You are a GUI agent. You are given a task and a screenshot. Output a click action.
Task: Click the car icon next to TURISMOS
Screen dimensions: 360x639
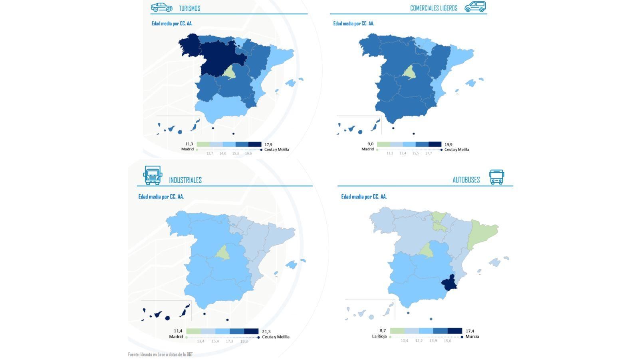click(161, 7)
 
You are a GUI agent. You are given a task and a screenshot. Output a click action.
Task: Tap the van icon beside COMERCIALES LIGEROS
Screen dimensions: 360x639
click(475, 7)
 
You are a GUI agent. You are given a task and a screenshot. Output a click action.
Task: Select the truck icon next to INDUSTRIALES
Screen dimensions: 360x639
click(153, 175)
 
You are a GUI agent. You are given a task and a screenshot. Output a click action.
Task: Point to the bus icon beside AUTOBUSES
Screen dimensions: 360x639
click(496, 177)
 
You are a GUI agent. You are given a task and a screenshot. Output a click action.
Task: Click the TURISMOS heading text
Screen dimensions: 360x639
click(190, 8)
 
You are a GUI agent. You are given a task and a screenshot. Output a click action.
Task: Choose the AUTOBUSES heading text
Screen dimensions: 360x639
click(466, 180)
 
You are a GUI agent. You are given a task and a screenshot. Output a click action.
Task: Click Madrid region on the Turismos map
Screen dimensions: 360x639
click(230, 72)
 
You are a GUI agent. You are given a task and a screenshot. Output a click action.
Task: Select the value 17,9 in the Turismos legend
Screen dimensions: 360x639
click(268, 144)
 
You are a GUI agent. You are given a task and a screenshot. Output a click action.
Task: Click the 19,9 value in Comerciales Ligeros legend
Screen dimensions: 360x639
click(448, 144)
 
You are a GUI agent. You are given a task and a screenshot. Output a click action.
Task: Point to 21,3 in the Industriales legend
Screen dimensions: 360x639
click(266, 332)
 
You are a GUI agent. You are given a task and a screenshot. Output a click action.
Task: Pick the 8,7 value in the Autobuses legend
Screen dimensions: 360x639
click(383, 330)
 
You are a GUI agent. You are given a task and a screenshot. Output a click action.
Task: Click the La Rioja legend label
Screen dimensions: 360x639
click(379, 336)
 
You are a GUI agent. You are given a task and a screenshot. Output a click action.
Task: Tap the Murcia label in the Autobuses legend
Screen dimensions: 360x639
click(472, 336)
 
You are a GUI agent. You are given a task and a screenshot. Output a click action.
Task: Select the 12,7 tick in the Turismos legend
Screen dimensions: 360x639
click(210, 153)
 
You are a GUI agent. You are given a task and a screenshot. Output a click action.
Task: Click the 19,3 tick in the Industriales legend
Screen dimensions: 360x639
click(244, 341)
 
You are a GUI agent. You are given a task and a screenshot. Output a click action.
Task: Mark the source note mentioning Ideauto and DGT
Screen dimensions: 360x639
click(160, 354)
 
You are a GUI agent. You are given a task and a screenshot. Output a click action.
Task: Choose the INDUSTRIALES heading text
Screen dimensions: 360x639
click(185, 180)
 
